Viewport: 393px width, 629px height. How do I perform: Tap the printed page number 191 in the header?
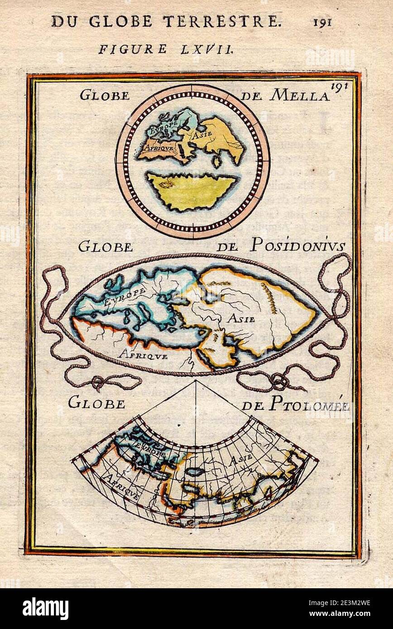pyautogui.click(x=322, y=22)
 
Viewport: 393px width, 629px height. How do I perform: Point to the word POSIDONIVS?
pyautogui.click(x=297, y=246)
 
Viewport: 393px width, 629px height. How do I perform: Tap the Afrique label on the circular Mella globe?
pyautogui.click(x=155, y=148)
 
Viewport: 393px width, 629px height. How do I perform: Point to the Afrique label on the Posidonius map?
pyautogui.click(x=143, y=354)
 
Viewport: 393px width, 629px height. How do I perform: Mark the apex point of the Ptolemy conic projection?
pyautogui.click(x=196, y=381)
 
